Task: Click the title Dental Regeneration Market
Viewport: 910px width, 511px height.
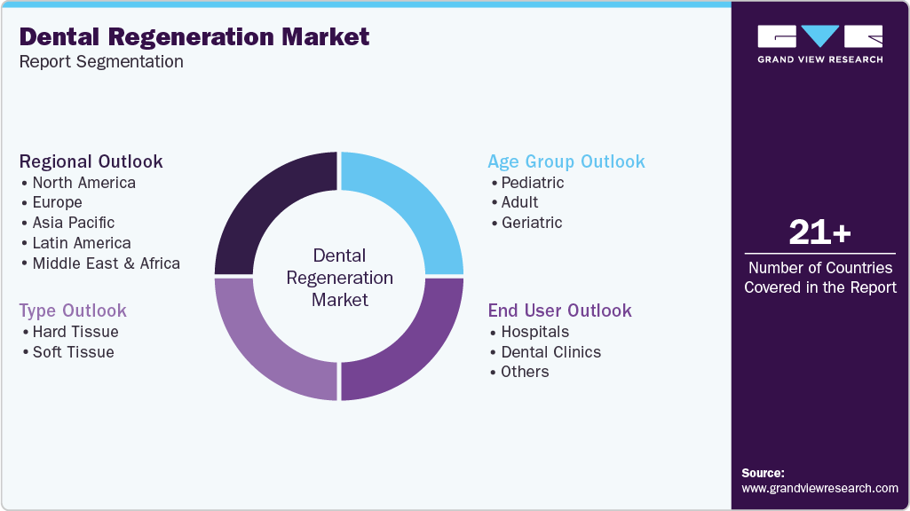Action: point(194,36)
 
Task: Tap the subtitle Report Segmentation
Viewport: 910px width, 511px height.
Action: point(101,62)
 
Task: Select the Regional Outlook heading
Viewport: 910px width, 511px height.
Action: point(91,161)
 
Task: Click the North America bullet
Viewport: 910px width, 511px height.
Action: point(83,183)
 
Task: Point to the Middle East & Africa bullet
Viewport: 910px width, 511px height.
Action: point(106,263)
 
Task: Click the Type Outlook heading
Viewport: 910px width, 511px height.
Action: point(73,311)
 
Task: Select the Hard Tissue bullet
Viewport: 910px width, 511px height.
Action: point(75,332)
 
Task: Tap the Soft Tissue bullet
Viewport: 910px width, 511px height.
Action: point(73,352)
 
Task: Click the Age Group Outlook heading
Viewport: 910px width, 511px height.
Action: point(566,161)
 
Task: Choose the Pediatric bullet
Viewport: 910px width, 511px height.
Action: point(532,183)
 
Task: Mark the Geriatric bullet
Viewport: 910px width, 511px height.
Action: point(531,223)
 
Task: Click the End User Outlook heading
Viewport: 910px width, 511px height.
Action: point(559,311)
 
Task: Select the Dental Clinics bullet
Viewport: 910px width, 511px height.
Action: point(550,352)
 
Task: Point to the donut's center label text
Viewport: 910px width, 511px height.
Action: point(339,278)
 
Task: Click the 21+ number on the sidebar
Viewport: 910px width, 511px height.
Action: point(819,233)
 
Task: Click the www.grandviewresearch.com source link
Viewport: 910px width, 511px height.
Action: point(819,488)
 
